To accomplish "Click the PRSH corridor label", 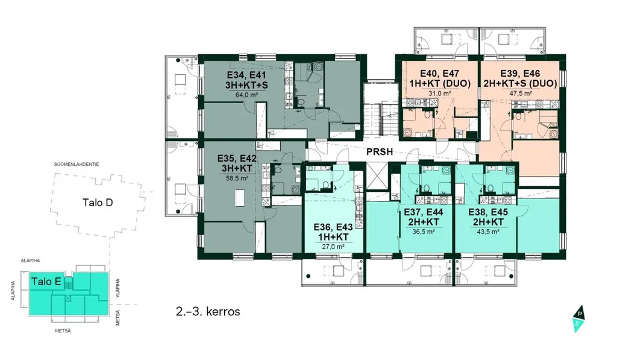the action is click(380, 151).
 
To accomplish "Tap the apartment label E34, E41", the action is click(246, 75).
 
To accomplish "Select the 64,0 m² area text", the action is click(246, 95).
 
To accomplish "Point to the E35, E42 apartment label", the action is click(237, 159).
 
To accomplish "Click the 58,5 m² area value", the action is click(237, 178).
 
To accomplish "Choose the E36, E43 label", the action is click(333, 227).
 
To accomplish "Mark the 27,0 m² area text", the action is click(333, 247).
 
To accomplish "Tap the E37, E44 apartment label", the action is click(424, 212).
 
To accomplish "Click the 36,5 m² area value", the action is click(424, 232).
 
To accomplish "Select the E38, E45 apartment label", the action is click(488, 212).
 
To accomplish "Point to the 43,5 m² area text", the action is click(488, 232).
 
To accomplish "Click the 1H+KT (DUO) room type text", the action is click(439, 83).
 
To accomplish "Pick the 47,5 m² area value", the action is click(520, 93).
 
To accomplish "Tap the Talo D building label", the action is click(98, 203).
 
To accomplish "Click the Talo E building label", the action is click(46, 281).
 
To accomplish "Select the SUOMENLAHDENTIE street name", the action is click(77, 164).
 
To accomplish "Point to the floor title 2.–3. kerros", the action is click(208, 312).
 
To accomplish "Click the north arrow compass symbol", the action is click(578, 319).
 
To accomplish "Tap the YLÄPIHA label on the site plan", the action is click(117, 288).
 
